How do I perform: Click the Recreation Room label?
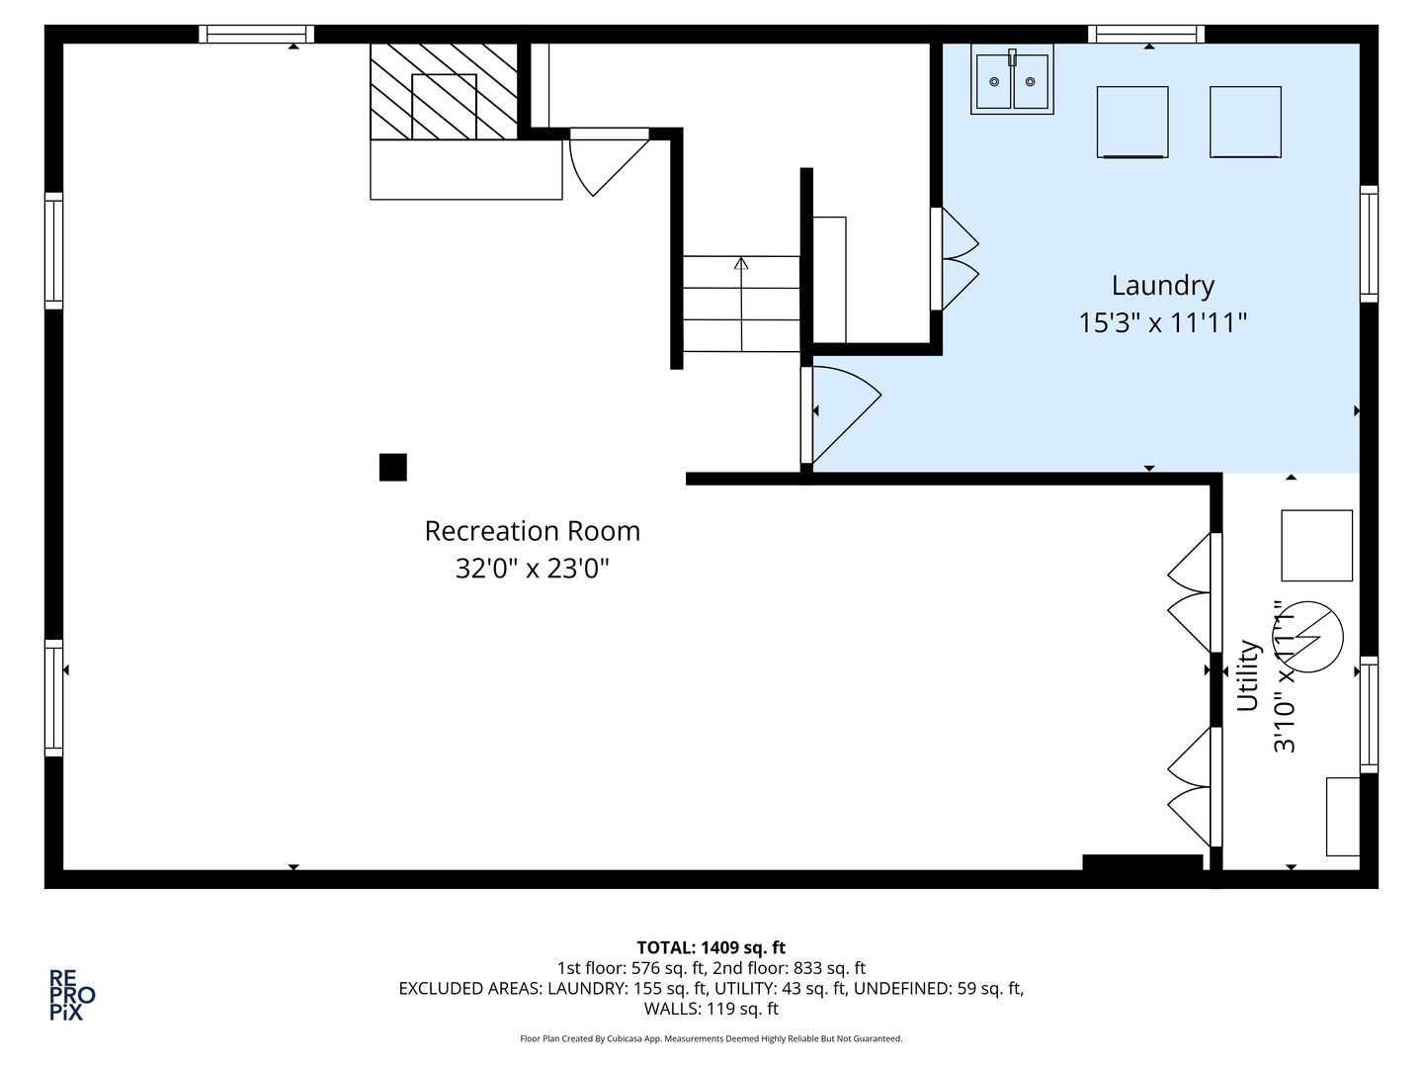[532, 531]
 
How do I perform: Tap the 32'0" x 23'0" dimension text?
[532, 570]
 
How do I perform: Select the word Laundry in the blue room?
[1162, 286]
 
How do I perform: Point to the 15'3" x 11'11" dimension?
[1162, 322]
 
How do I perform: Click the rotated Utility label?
[1248, 675]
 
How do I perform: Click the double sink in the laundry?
[1012, 79]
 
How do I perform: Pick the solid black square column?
[392, 467]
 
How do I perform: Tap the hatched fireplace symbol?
[444, 92]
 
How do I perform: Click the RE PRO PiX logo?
[72, 995]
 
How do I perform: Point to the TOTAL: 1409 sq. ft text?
[711, 947]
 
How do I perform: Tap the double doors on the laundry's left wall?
[954, 259]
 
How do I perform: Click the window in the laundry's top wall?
[1146, 35]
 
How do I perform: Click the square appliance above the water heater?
[1316, 545]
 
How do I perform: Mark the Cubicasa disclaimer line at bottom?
[711, 1038]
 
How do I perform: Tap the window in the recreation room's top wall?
[256, 35]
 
